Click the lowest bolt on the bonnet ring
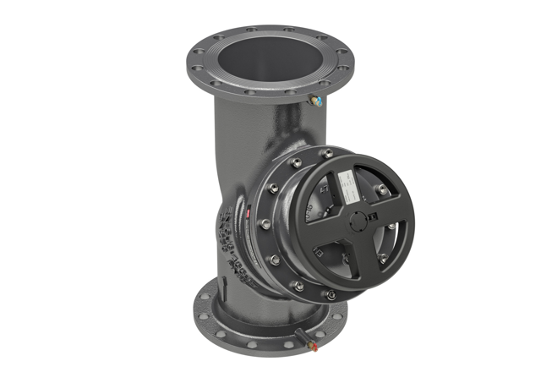pyautogui.click(x=330, y=294)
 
